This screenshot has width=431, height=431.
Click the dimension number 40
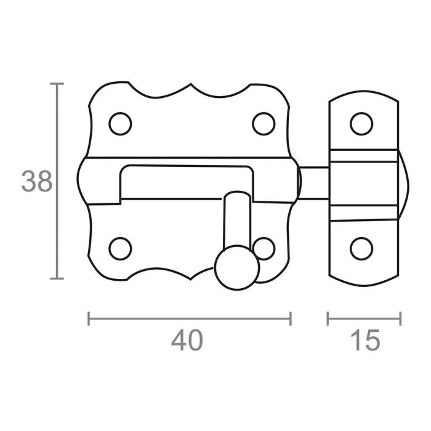pyautogui.click(x=187, y=340)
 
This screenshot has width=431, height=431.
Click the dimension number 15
pyautogui.click(x=364, y=340)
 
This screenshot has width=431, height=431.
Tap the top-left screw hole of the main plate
pyautogui.click(x=120, y=124)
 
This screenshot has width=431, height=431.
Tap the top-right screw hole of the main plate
pyautogui.click(x=264, y=124)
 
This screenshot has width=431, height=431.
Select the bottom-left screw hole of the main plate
pyautogui.click(x=120, y=248)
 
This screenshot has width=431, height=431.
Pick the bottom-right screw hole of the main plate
pyautogui.click(x=265, y=248)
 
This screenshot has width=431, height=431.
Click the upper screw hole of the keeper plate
pyautogui.click(x=361, y=124)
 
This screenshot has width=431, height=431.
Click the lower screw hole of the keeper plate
pyautogui.click(x=361, y=248)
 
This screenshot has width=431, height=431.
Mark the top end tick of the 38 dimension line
pyautogui.click(x=57, y=83)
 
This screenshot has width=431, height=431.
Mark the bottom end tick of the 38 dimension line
pyautogui.click(x=57, y=279)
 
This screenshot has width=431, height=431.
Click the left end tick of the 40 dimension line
pyautogui.click(x=90, y=318)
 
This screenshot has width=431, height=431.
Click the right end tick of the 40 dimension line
pyautogui.click(x=290, y=318)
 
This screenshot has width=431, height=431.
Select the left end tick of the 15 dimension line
pyautogui.click(x=328, y=318)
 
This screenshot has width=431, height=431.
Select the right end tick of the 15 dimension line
pyautogui.click(x=400, y=318)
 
